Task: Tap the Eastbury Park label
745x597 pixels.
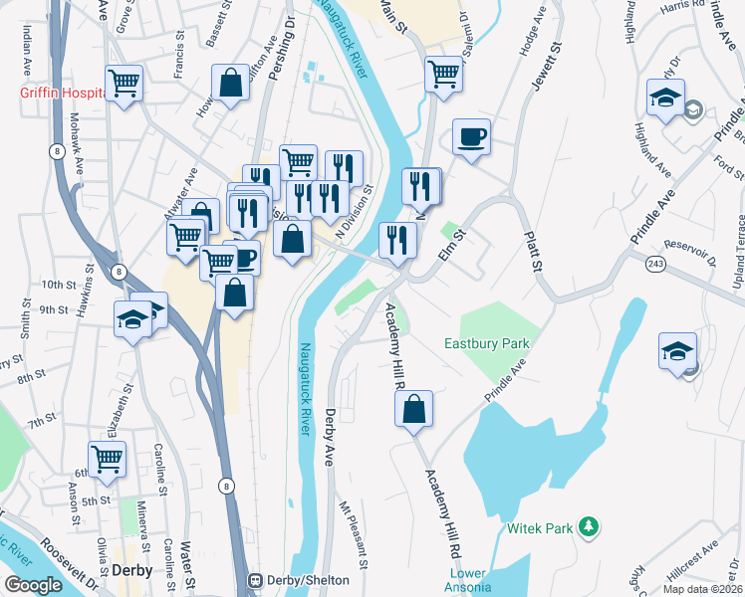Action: coord(485,344)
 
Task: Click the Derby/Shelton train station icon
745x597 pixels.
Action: coord(255,580)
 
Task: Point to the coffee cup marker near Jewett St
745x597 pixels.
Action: coord(471,136)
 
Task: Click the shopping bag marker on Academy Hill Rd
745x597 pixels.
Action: coord(413,409)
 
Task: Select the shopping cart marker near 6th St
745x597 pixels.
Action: coord(108,460)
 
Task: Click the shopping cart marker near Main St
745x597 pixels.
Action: coord(443,73)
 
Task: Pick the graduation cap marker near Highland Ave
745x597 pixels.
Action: coord(664,99)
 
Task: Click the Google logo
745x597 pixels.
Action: coord(33,584)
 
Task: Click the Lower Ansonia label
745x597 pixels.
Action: coord(468,581)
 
